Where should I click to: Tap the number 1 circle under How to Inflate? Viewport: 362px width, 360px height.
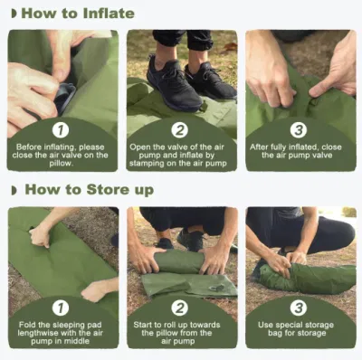click(61, 130)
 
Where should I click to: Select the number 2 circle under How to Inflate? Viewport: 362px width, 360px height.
click(180, 130)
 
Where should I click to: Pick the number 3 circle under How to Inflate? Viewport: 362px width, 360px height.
click(299, 130)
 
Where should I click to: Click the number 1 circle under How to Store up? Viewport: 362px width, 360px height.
click(61, 308)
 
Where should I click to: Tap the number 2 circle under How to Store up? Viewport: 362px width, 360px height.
click(180, 308)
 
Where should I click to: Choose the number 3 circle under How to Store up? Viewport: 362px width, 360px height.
click(299, 308)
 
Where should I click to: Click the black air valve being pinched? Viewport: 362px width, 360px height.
click(65, 97)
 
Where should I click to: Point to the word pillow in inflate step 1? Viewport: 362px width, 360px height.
click(62, 164)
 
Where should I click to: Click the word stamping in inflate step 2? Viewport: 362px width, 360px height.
click(148, 164)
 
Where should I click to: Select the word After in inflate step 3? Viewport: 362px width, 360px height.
click(259, 147)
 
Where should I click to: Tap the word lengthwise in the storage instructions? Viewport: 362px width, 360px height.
click(38, 333)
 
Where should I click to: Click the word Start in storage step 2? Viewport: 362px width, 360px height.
click(143, 325)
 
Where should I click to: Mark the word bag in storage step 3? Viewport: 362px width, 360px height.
click(275, 334)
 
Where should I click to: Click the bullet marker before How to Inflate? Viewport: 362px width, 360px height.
click(14, 14)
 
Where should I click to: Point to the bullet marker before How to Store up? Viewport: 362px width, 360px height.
click(14, 190)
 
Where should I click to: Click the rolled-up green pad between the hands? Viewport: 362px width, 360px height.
click(179, 261)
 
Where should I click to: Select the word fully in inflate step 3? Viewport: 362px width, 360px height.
click(278, 147)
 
